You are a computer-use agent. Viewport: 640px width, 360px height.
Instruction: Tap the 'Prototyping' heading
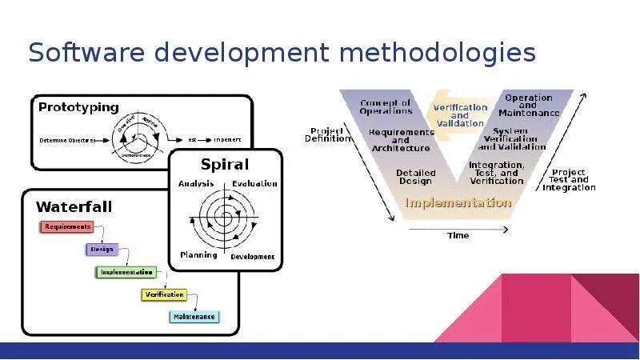(78, 106)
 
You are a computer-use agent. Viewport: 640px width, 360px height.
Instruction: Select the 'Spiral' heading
(226, 165)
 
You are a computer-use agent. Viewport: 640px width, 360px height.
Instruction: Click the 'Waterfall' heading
(74, 206)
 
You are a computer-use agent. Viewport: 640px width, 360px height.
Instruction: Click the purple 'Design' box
(102, 249)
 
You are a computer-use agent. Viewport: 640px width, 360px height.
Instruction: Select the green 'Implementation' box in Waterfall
(126, 272)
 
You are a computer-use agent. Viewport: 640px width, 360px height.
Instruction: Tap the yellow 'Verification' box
(164, 294)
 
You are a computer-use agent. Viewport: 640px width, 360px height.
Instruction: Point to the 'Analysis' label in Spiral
(196, 183)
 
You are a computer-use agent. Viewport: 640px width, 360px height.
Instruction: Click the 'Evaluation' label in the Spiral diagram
(254, 183)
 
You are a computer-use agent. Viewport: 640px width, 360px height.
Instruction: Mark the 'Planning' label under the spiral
(198, 255)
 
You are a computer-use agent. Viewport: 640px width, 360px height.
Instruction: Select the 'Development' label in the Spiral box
(253, 257)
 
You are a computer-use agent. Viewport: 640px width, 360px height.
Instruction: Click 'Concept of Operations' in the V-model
(385, 107)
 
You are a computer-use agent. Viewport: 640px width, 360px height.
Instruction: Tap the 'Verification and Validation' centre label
(460, 115)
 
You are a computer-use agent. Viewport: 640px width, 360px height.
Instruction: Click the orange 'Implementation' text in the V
(458, 202)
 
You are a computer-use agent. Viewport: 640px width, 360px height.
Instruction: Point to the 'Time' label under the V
(458, 235)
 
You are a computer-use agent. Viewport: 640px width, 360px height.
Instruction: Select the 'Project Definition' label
(328, 134)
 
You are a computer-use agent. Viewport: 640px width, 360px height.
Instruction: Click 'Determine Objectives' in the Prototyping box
(66, 140)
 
